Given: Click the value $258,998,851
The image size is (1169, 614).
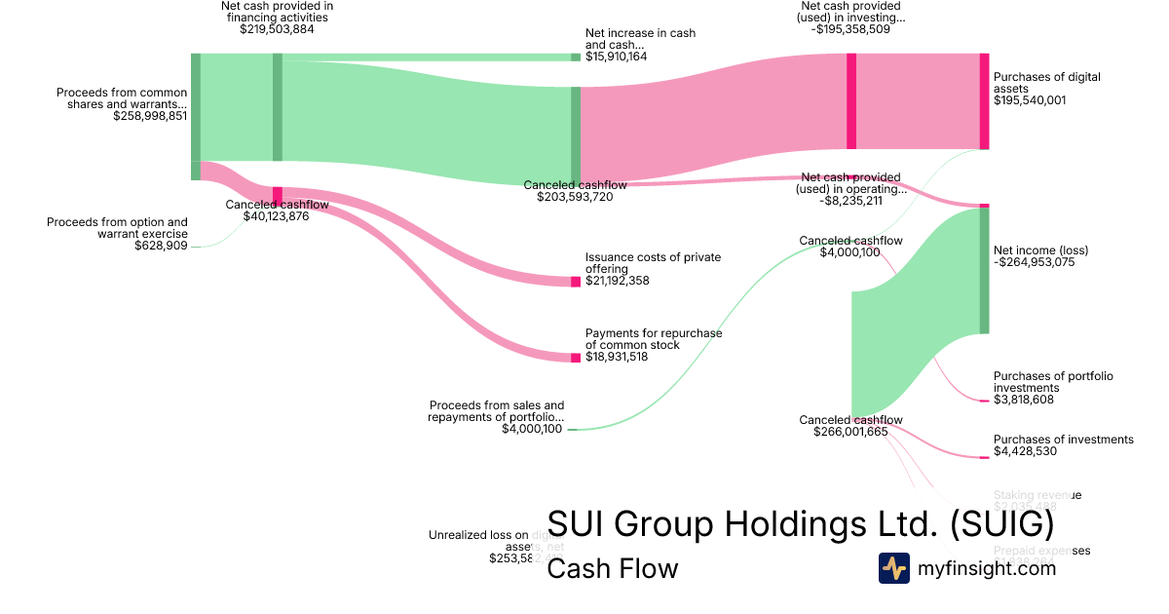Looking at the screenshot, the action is tap(150, 116).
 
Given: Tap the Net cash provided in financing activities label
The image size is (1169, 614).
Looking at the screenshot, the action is tap(277, 11).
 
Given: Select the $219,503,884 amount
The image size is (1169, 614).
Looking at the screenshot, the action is tap(277, 29).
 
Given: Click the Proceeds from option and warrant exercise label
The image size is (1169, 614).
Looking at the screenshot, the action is tap(117, 228).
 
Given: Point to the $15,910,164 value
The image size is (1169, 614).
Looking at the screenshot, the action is tap(616, 57).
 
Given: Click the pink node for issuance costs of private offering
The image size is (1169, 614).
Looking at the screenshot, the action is tap(576, 281).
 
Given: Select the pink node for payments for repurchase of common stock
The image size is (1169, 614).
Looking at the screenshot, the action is tap(576, 357).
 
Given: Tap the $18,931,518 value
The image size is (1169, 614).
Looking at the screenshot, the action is tap(616, 357).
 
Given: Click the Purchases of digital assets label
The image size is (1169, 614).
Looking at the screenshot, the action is tap(1046, 82).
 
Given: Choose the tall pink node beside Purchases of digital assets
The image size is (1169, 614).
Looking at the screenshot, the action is tap(984, 101).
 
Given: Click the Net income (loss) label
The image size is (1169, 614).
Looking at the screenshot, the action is tap(1040, 250).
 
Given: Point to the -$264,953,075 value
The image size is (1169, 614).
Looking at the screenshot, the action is tap(1034, 262).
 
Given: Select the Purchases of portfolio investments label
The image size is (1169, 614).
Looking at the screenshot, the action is tap(1053, 381).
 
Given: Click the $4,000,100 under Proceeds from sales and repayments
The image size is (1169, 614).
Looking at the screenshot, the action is tap(532, 429).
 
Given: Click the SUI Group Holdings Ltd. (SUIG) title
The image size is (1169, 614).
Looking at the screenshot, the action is tap(800, 524).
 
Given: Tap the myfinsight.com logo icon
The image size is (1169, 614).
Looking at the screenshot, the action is tap(894, 568).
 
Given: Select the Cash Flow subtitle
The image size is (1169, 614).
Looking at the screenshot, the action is tap(612, 568).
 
